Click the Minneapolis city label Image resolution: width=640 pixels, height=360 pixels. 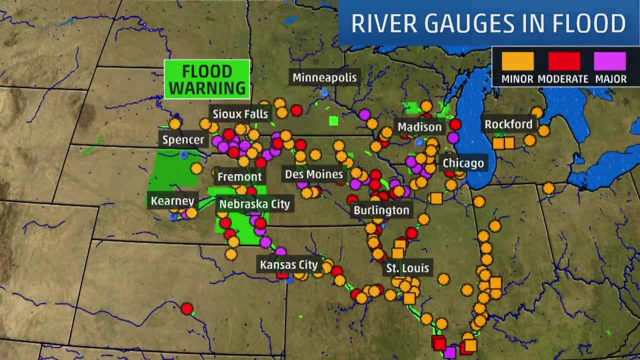click(x=324, y=77)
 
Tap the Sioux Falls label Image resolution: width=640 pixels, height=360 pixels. click(x=240, y=114)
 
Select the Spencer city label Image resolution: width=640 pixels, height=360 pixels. click(x=183, y=139)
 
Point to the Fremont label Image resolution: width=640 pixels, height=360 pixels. click(x=239, y=176)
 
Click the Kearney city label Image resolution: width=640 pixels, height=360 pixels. click(x=172, y=201)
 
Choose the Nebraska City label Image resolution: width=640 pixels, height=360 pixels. click(x=254, y=204)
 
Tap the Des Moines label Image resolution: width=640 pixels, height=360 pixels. click(x=314, y=174)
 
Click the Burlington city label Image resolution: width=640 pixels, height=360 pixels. click(x=381, y=210)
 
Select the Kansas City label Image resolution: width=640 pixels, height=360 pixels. click(x=289, y=264)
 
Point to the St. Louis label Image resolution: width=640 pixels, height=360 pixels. click(x=407, y=268)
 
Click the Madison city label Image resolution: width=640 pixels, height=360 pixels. click(x=419, y=127)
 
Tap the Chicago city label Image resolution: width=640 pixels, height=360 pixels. click(x=463, y=163)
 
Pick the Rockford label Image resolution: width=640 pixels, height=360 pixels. click(x=508, y=124)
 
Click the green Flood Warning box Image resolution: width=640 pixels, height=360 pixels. click(x=207, y=79)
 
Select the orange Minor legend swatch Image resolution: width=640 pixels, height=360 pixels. click(x=517, y=61)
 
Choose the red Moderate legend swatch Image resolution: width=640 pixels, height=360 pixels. click(x=564, y=61)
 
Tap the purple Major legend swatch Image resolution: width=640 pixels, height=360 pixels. click(x=609, y=61)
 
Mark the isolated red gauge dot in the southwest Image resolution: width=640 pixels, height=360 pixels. click(x=187, y=308)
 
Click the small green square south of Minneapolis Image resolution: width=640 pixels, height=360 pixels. click(x=333, y=120)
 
